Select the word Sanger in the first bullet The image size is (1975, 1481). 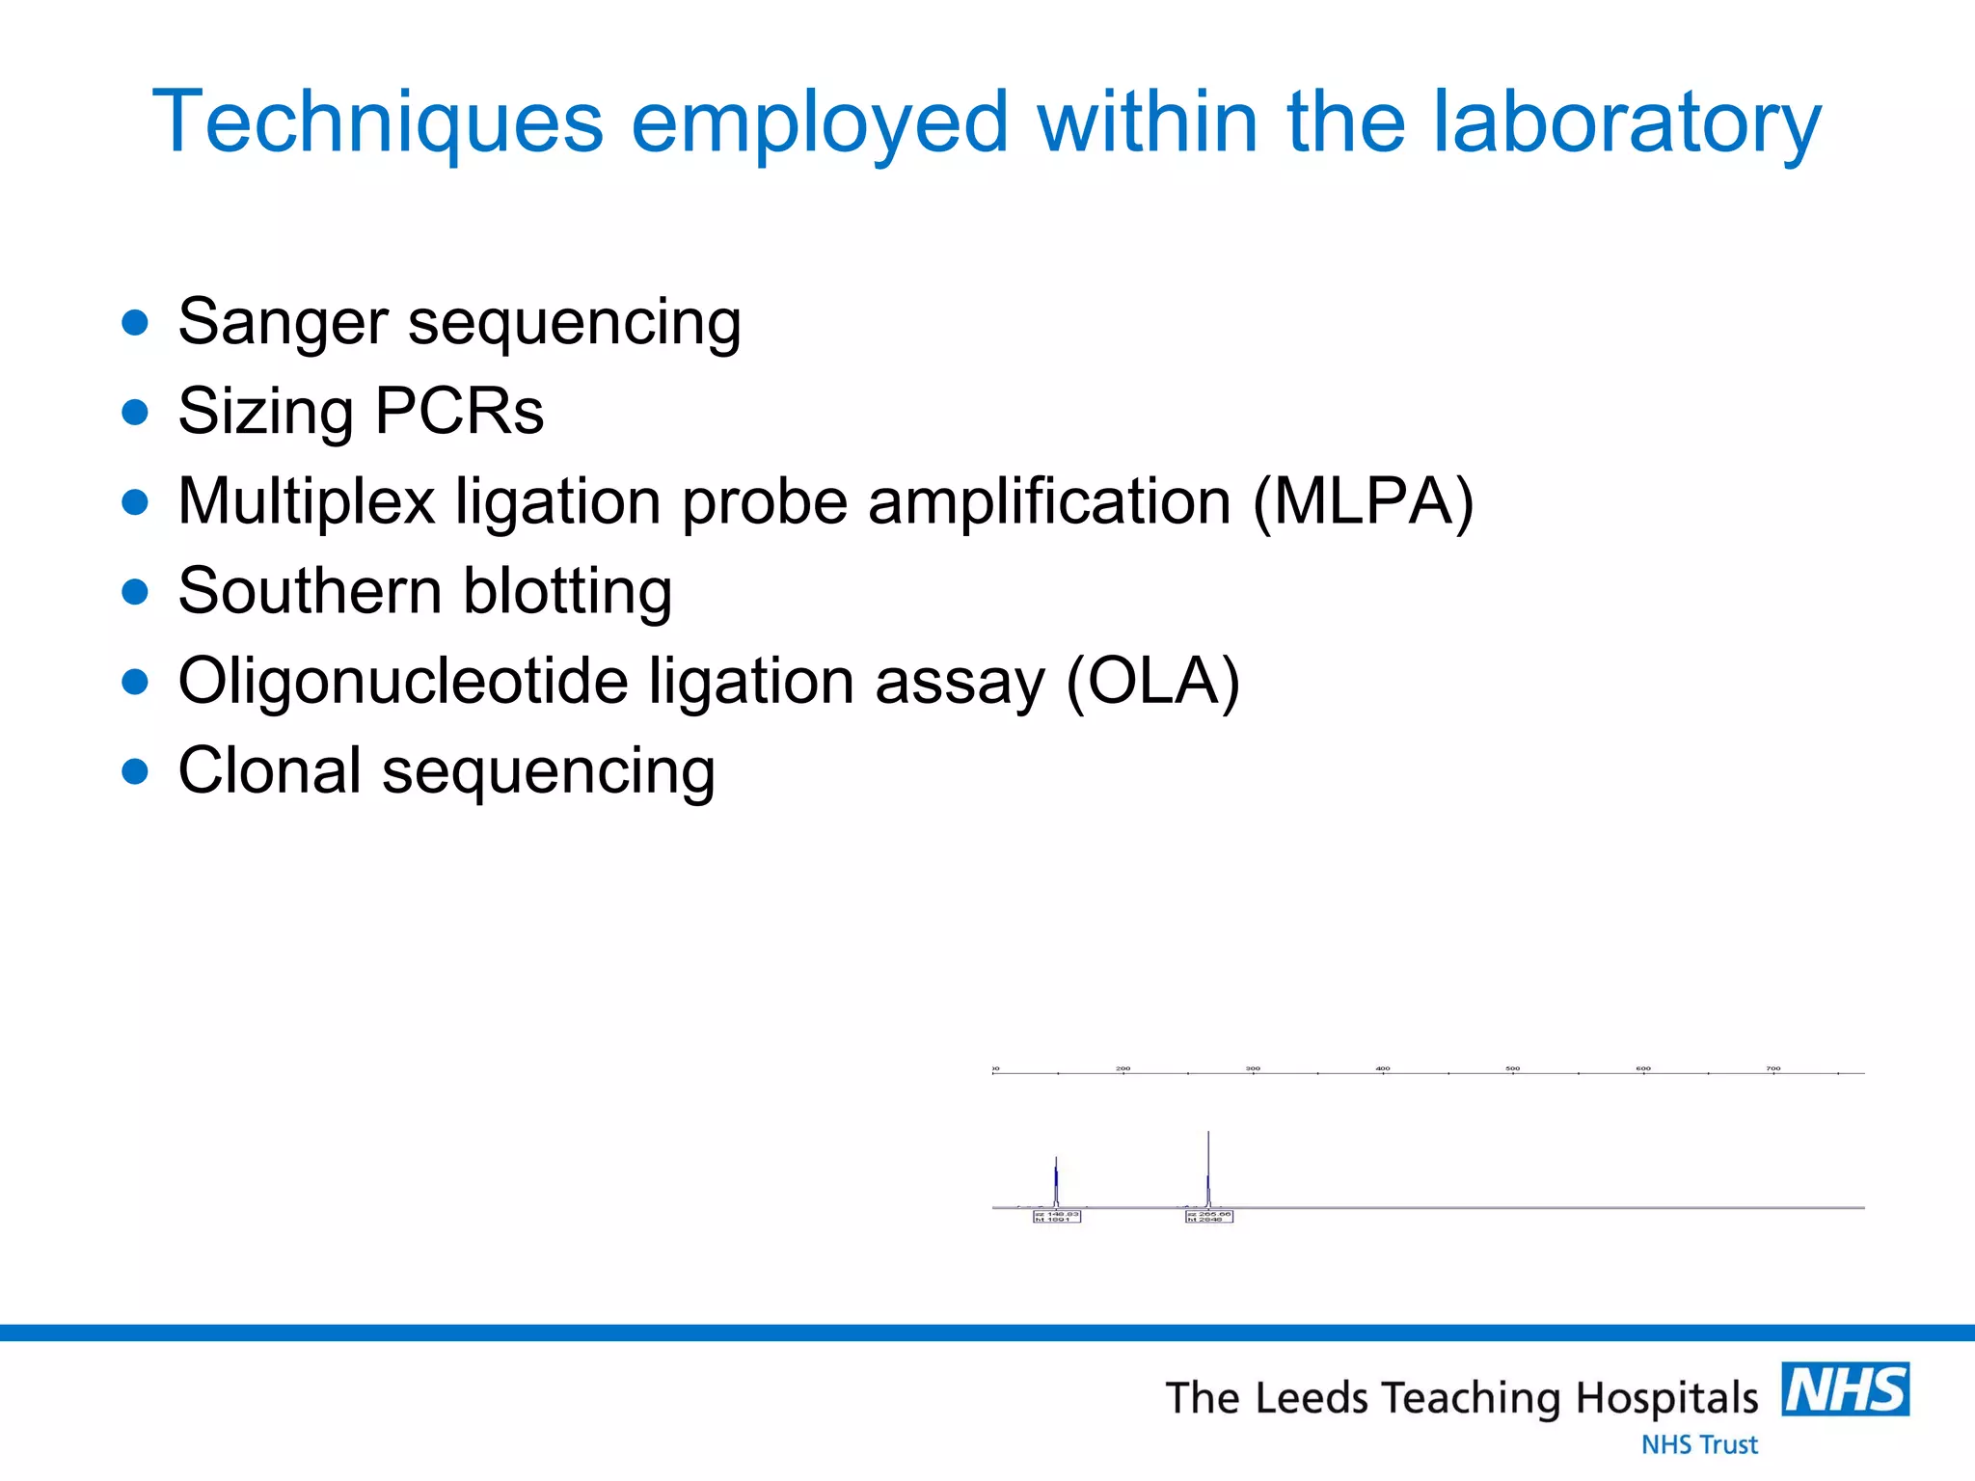pos(283,322)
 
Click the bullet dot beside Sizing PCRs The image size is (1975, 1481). pos(136,413)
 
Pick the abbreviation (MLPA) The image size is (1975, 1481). pos(1364,501)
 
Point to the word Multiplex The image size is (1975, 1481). pos(307,501)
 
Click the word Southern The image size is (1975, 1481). pos(309,591)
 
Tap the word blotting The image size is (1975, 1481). pos(567,591)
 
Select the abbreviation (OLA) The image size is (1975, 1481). pos(1152,681)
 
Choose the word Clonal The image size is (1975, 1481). pos(270,771)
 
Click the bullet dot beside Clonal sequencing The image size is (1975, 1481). pos(136,771)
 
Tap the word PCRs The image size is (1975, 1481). pos(459,413)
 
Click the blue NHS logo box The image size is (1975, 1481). pos(1845,1389)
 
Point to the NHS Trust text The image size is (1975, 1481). pos(1699,1444)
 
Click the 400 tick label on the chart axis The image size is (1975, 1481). pos(1383,1068)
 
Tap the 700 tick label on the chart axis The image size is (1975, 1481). pos(1773,1068)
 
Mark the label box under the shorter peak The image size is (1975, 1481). pos(1057,1217)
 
